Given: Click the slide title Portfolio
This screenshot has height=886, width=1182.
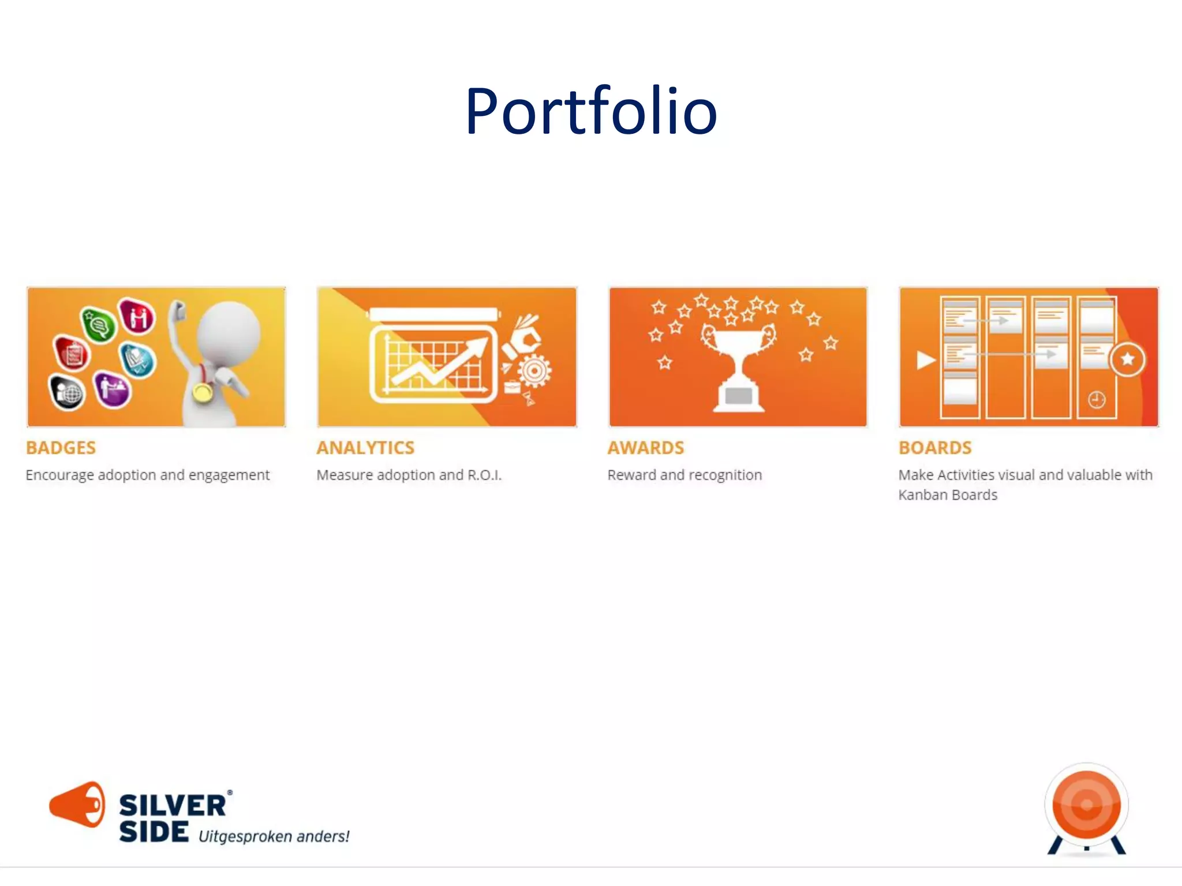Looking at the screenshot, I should pos(591,111).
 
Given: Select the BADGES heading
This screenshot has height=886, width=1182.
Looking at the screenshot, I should pos(61,448).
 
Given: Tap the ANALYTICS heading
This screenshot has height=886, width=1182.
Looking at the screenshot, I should pos(365,448).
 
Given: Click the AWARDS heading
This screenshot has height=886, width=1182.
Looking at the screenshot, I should pos(645,448).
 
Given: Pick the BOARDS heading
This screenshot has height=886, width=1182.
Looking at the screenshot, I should pos(935,448).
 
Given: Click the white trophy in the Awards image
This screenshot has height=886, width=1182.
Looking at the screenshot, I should pos(738,369).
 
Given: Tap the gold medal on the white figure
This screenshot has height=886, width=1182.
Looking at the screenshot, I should pos(203,392).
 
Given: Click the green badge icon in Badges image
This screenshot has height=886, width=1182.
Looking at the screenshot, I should pos(99,324).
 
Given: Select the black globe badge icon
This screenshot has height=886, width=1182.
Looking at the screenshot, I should pos(68,392).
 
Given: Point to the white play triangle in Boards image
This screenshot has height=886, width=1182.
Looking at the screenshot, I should pos(925,360).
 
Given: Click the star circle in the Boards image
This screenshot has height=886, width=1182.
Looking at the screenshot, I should pos(1127,359).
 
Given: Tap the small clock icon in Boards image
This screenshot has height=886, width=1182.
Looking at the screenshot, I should pos(1097,399).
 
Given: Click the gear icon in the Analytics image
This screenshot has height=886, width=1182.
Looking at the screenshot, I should pos(534,371).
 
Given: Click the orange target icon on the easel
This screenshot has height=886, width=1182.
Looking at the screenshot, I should pos(1086,805).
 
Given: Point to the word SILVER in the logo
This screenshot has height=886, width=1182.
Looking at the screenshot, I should pos(172,806).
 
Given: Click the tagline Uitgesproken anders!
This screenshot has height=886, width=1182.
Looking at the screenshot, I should pos(274,836).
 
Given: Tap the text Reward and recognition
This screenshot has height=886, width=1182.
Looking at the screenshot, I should pos(684,475).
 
